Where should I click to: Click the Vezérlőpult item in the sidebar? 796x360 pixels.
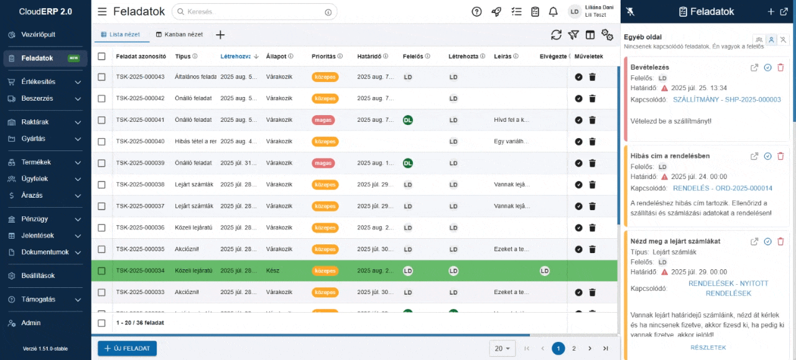(38, 35)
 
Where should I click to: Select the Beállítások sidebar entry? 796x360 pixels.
(38, 276)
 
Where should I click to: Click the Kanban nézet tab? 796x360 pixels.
(179, 35)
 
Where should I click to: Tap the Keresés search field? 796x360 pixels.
(255, 12)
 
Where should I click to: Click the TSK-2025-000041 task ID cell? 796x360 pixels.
(140, 120)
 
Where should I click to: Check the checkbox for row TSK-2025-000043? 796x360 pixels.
(101, 77)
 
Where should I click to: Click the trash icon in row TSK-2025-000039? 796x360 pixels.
(592, 164)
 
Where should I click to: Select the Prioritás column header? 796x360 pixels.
(323, 57)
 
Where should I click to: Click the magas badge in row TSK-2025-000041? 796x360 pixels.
(323, 120)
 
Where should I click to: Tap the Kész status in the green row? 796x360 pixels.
(272, 271)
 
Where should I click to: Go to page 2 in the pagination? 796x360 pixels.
(574, 349)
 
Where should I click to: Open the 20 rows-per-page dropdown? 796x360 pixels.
(502, 349)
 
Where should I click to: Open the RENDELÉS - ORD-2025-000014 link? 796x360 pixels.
(723, 188)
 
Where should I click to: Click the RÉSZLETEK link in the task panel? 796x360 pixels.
(708, 348)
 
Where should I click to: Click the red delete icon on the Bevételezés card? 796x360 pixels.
(780, 68)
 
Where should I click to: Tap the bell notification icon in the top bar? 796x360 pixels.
(553, 12)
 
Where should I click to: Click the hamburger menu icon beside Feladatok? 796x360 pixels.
(102, 12)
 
